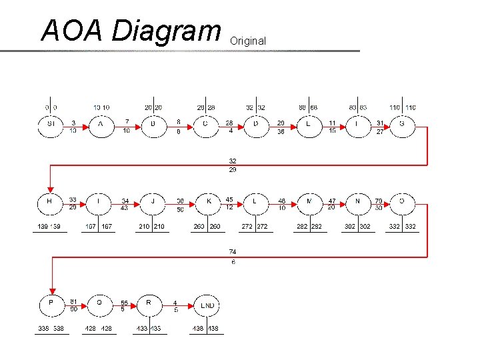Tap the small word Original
pyautogui.click(x=247, y=41)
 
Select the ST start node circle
pyautogui.click(x=51, y=124)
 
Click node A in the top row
pyautogui.click(x=101, y=124)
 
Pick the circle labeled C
pyautogui.click(x=205, y=124)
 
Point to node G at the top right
pyautogui.click(x=401, y=124)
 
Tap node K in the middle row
pyautogui.click(x=209, y=201)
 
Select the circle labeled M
pyautogui.click(x=309, y=201)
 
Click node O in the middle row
pyautogui.click(x=402, y=201)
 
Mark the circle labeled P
pyautogui.click(x=51, y=304)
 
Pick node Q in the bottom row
pyautogui.click(x=100, y=304)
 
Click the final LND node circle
pyautogui.click(x=207, y=305)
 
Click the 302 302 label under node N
pyautogui.click(x=358, y=227)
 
